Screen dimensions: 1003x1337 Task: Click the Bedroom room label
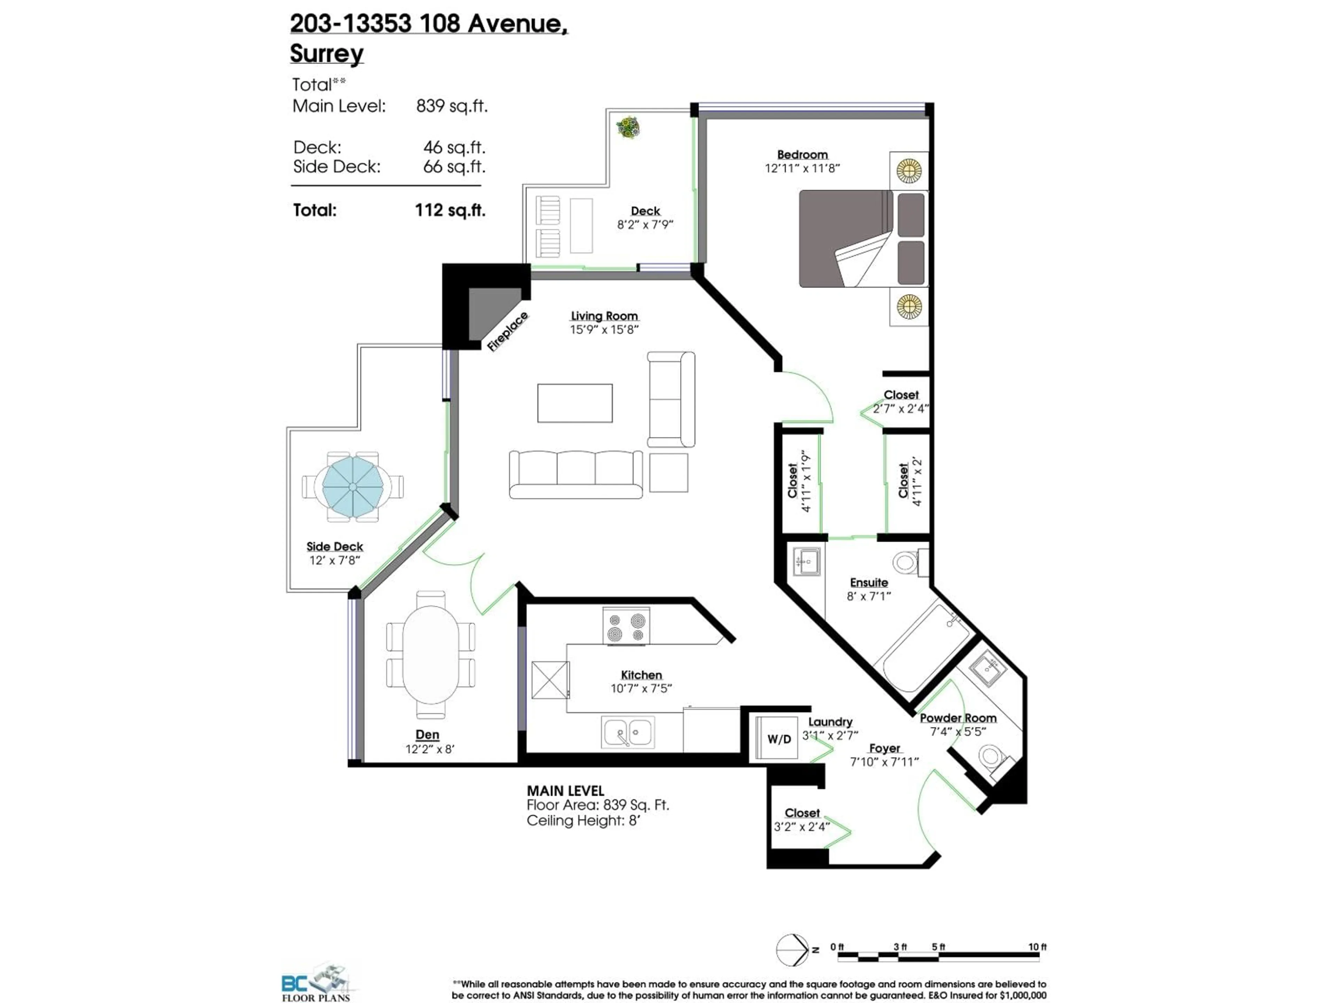(802, 155)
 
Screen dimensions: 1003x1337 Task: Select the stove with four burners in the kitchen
(626, 626)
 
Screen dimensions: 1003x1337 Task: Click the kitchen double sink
(627, 732)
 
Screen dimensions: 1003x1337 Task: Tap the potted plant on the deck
(628, 127)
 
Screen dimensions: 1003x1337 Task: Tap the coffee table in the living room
(575, 403)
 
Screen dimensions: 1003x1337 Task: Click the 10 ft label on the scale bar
(1037, 947)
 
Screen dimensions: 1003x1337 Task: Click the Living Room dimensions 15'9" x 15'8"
(604, 329)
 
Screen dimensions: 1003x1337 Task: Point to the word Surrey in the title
(326, 53)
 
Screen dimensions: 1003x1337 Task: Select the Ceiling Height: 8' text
(583, 821)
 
